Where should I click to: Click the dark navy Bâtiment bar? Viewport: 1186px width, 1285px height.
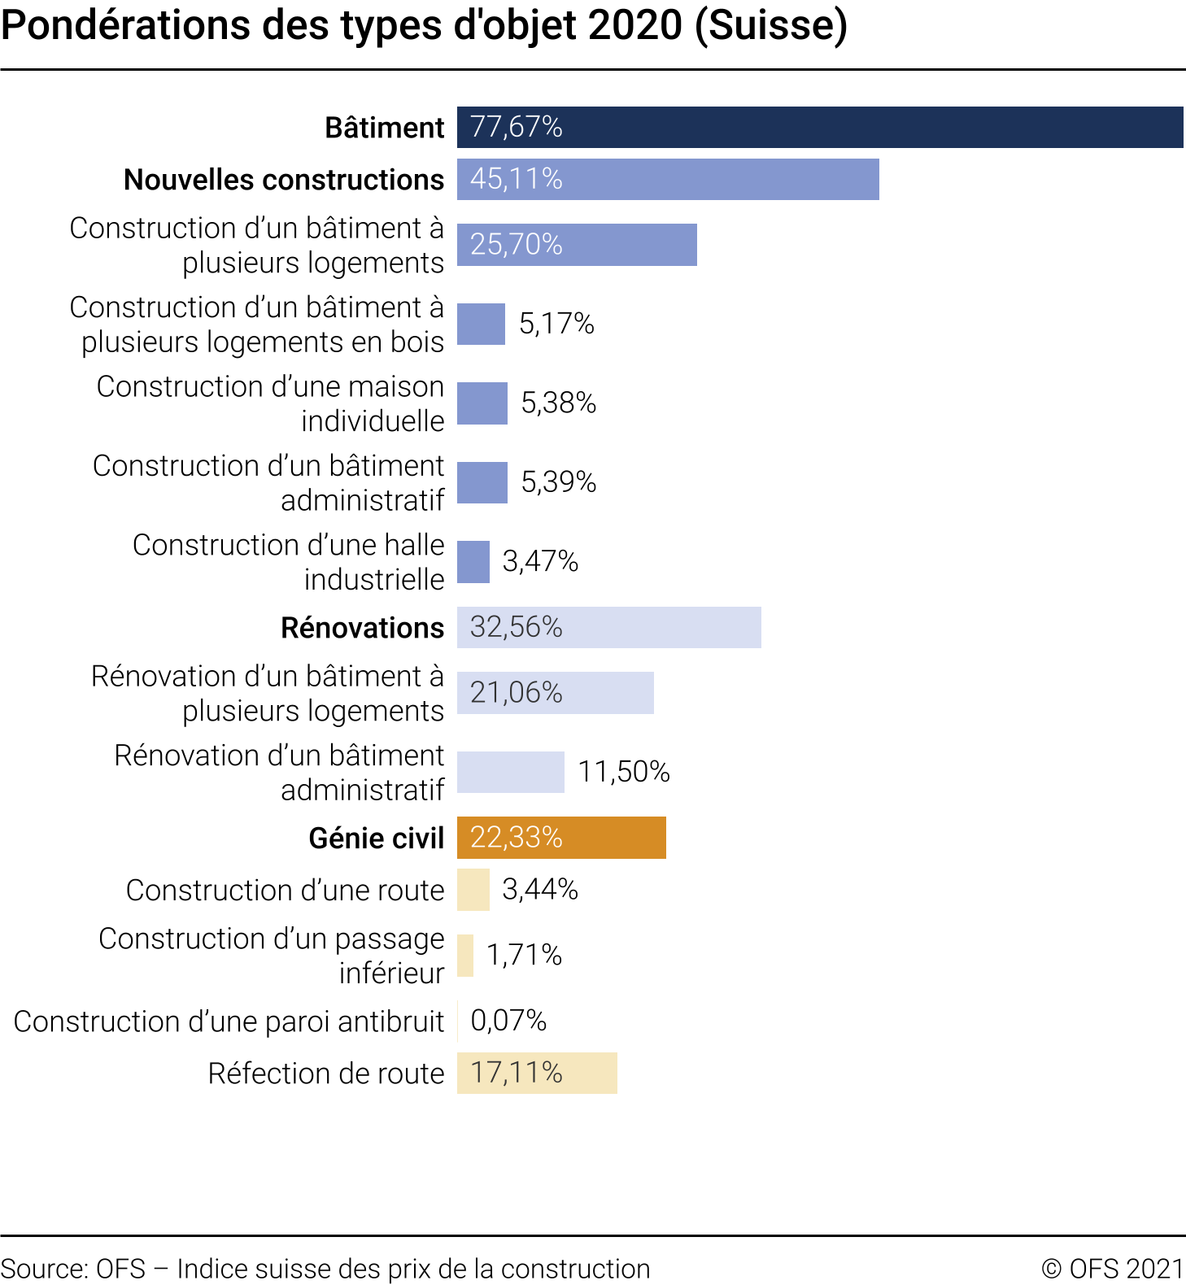(820, 127)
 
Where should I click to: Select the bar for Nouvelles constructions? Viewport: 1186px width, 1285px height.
(668, 179)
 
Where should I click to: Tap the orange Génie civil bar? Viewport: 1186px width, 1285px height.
(561, 838)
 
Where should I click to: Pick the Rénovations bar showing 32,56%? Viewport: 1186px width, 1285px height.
(608, 627)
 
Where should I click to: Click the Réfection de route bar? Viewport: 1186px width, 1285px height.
(537, 1073)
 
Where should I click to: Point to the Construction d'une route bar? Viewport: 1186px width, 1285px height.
(473, 890)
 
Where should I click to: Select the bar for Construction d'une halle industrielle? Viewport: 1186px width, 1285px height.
(473, 562)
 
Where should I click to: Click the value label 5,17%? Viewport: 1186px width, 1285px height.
(556, 324)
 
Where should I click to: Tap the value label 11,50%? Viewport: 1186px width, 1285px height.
(623, 772)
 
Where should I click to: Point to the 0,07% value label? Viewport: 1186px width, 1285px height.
(508, 1021)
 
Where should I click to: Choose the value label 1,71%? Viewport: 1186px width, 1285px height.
(524, 955)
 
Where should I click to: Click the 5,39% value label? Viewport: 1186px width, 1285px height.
(558, 482)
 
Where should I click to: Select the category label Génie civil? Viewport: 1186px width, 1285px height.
(376, 839)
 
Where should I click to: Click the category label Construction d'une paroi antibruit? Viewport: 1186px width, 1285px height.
(229, 1021)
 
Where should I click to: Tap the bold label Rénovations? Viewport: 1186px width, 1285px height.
(362, 628)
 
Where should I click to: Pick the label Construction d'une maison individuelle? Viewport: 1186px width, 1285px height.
(271, 403)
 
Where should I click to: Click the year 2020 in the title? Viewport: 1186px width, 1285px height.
(634, 26)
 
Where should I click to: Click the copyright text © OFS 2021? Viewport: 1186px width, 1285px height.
(1112, 1269)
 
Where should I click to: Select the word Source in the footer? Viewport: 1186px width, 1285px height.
(43, 1269)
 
